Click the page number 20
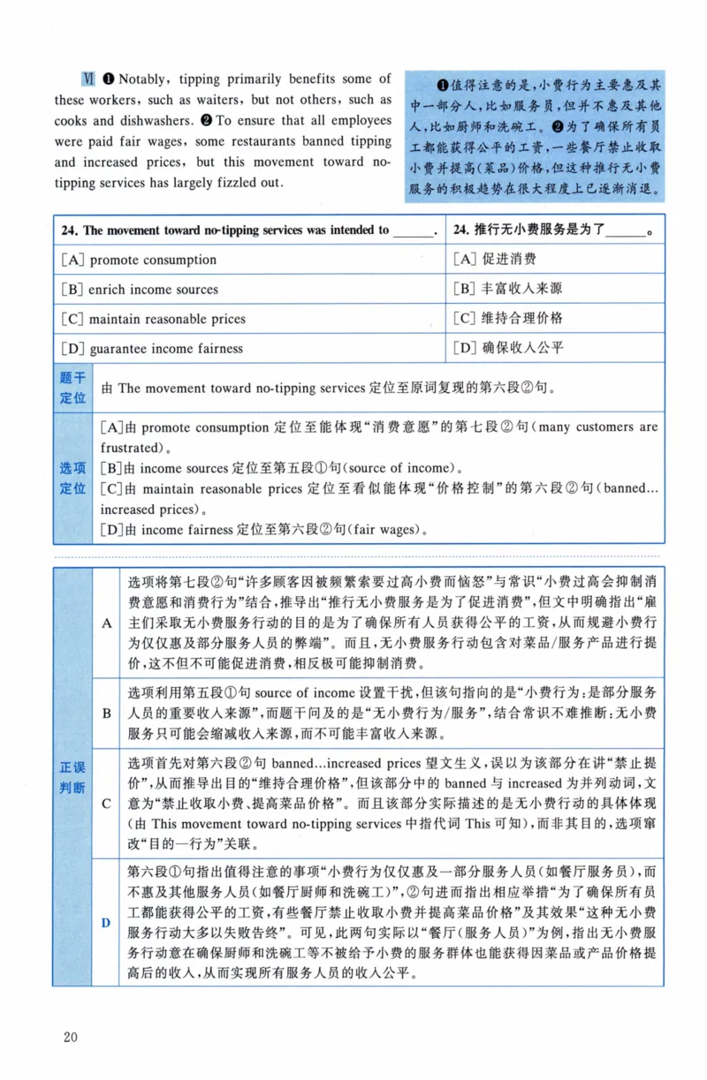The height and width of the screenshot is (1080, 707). point(71,1036)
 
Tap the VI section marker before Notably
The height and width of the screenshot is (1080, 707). point(88,79)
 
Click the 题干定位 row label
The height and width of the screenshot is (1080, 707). point(72,388)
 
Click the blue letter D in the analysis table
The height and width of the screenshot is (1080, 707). point(106,923)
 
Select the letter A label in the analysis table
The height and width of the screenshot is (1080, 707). point(106,623)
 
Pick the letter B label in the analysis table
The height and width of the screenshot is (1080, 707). point(106,713)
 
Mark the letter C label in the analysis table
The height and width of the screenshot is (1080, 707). point(106,803)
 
